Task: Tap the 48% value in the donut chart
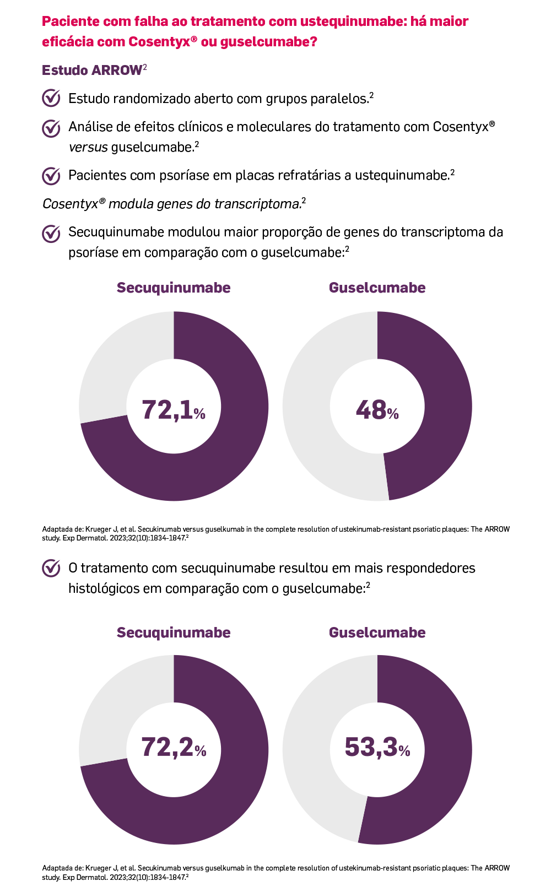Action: pyautogui.click(x=377, y=410)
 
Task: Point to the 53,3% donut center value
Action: pyautogui.click(x=377, y=748)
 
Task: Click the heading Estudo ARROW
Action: pyautogui.click(x=92, y=71)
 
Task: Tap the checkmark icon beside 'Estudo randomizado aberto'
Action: pyautogui.click(x=51, y=98)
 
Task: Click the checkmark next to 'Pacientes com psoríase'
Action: pyautogui.click(x=51, y=176)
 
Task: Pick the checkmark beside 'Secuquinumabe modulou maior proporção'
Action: pyautogui.click(x=51, y=233)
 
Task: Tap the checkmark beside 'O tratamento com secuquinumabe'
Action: pyautogui.click(x=51, y=568)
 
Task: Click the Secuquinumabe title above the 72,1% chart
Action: pyautogui.click(x=174, y=288)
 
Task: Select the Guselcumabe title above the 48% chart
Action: pyautogui.click(x=377, y=288)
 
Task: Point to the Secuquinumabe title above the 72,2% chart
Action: pyautogui.click(x=174, y=632)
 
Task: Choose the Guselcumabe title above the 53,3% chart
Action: pyautogui.click(x=377, y=632)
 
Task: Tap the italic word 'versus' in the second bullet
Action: pyautogui.click(x=88, y=147)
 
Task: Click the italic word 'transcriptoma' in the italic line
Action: pyautogui.click(x=258, y=204)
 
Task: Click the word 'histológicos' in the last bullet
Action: pyautogui.click(x=104, y=588)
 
